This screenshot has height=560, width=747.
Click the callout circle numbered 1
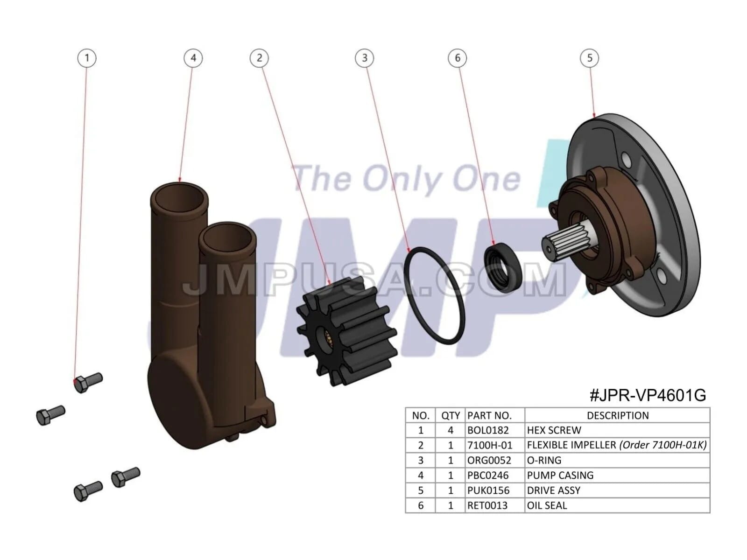coord(87,58)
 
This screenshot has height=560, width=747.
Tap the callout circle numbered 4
coord(193,58)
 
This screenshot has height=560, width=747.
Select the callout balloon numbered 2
coord(259,58)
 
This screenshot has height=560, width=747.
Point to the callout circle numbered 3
coord(364,58)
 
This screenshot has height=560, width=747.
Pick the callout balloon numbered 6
coord(457,58)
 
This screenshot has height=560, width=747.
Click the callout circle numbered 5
coord(590,58)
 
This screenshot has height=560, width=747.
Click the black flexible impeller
coord(346,331)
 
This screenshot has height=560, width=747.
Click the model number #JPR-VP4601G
coord(648,395)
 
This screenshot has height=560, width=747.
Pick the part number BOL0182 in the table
coord(488,430)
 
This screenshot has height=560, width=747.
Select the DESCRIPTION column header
coord(618,415)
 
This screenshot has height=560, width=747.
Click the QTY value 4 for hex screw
coord(450,430)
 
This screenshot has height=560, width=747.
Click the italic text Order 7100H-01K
coord(663,445)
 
